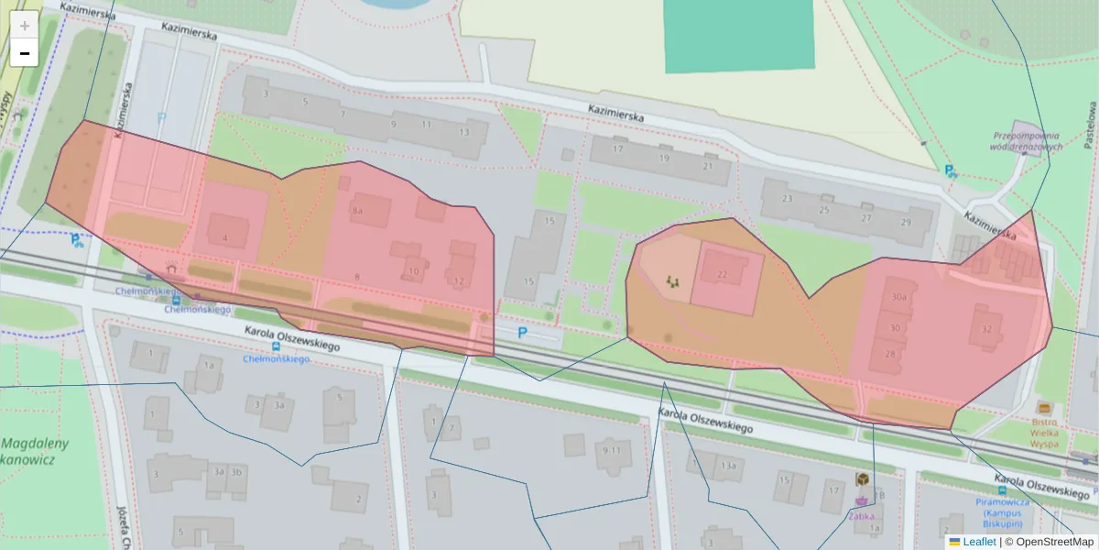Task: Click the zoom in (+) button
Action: (x=25, y=26)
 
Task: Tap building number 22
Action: (x=723, y=274)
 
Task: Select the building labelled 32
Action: (x=986, y=329)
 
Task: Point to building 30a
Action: (x=899, y=297)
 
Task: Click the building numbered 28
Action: (x=889, y=354)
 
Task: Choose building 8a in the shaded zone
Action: (x=358, y=210)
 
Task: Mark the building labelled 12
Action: (x=459, y=280)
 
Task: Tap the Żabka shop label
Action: (x=861, y=515)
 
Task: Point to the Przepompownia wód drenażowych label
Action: (x=1026, y=140)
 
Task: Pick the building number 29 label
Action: (x=906, y=222)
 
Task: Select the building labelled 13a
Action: (x=728, y=466)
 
